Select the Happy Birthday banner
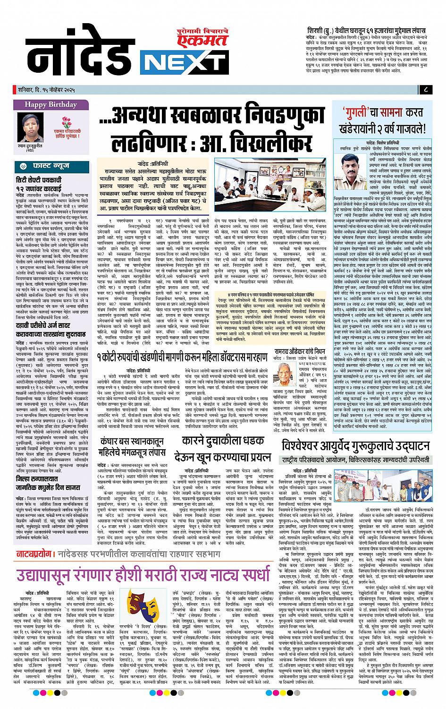(50, 104)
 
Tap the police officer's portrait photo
(354, 161)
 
